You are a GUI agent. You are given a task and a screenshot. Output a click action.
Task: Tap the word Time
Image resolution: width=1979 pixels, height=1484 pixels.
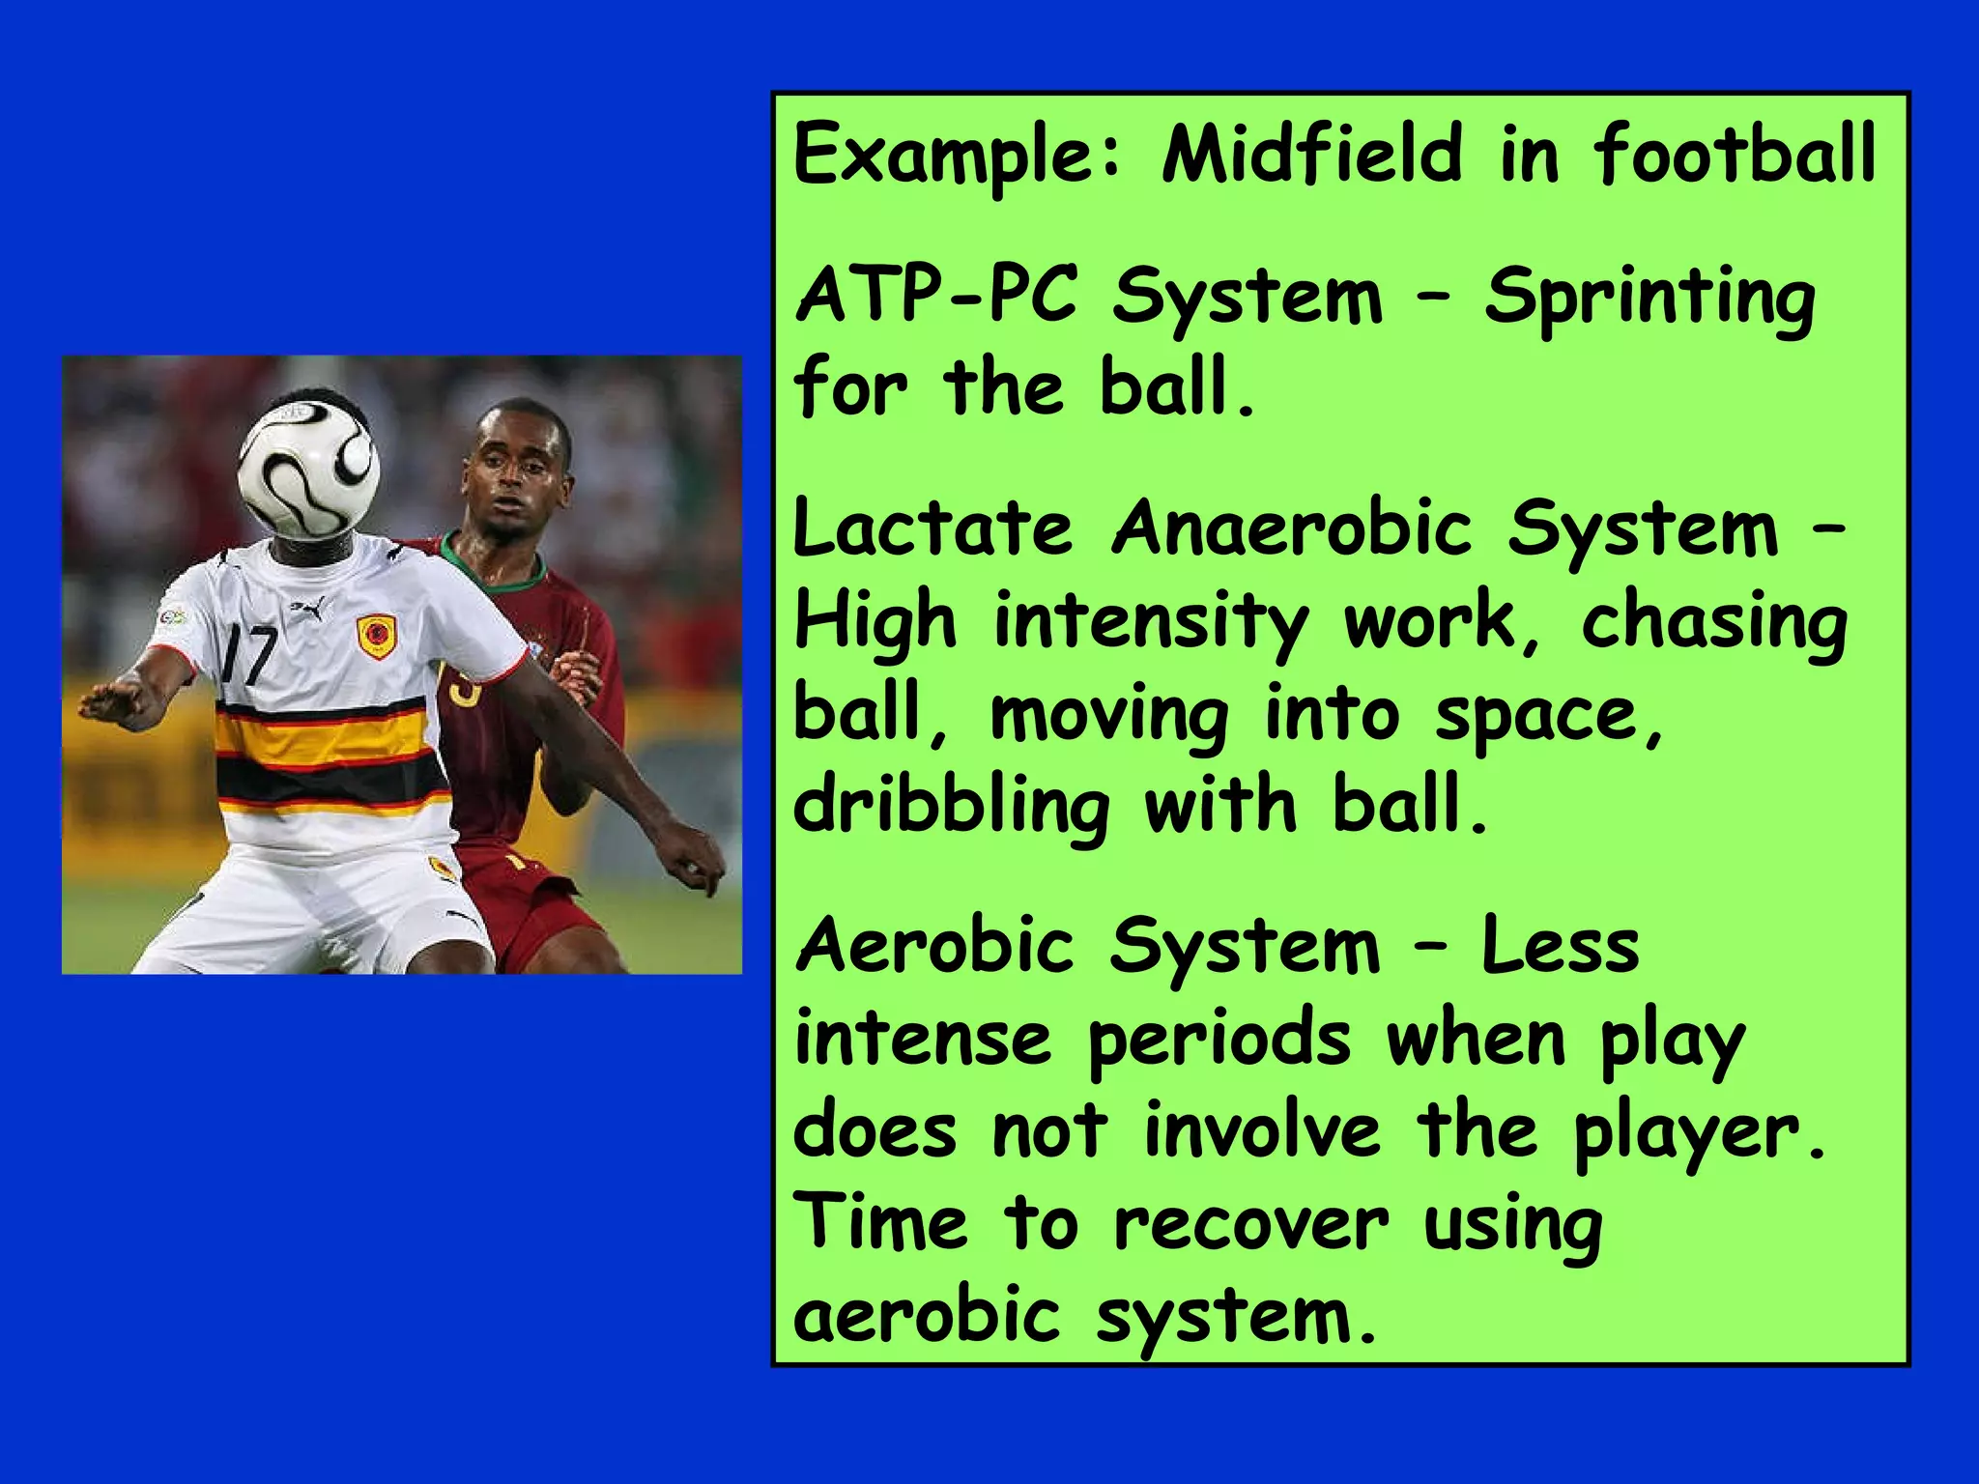[880, 1221]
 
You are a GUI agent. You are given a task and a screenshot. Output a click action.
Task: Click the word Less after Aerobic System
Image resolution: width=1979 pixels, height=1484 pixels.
[1562, 947]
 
